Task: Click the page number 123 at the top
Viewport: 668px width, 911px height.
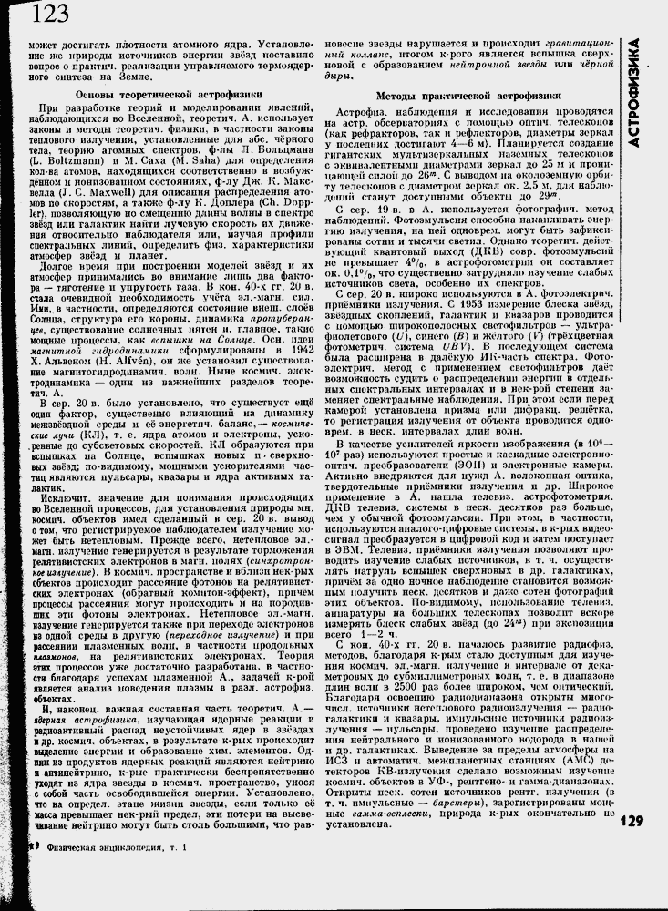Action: [x=49, y=14]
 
